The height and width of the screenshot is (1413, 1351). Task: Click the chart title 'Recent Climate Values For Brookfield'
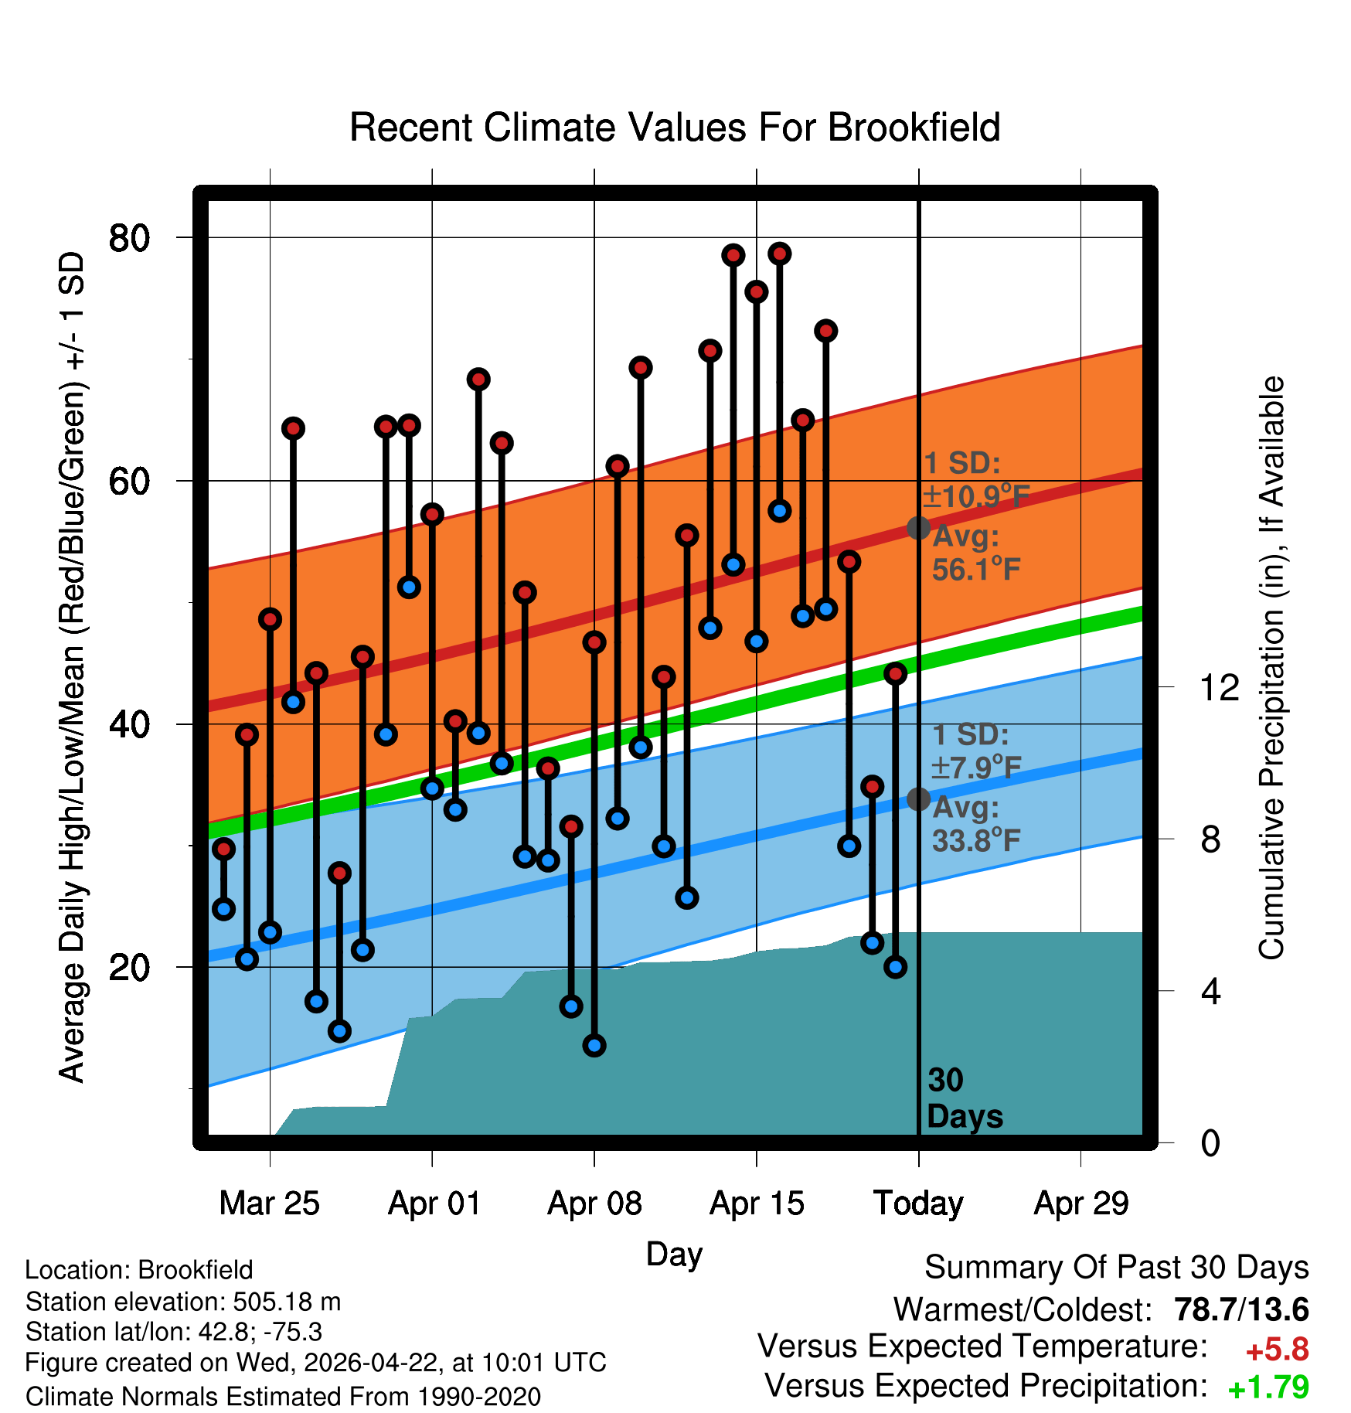click(675, 128)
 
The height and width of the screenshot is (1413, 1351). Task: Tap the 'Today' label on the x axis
click(918, 1204)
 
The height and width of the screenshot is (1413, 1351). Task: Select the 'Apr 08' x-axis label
click(594, 1204)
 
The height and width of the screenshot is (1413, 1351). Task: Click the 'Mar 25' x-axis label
click(269, 1204)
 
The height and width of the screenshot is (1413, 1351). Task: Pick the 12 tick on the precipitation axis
click(1219, 687)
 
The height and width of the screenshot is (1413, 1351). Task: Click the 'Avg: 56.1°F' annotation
click(976, 553)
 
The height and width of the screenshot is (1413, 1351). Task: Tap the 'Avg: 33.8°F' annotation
click(976, 824)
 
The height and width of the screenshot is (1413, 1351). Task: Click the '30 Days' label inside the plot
click(965, 1098)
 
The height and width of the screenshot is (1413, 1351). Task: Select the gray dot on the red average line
click(918, 528)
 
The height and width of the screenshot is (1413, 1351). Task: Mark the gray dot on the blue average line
click(918, 799)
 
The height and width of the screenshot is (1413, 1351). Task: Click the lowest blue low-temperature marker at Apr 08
click(594, 1046)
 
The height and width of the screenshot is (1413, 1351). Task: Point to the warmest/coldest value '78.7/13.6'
click(1241, 1309)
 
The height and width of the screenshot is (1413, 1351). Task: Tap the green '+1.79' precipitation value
click(1268, 1388)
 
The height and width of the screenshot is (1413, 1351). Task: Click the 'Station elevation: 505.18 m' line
click(183, 1302)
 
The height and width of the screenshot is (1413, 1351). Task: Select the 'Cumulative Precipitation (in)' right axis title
click(1271, 668)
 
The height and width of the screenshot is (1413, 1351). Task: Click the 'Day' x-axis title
click(674, 1254)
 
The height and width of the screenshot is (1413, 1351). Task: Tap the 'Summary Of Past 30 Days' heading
click(1117, 1268)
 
